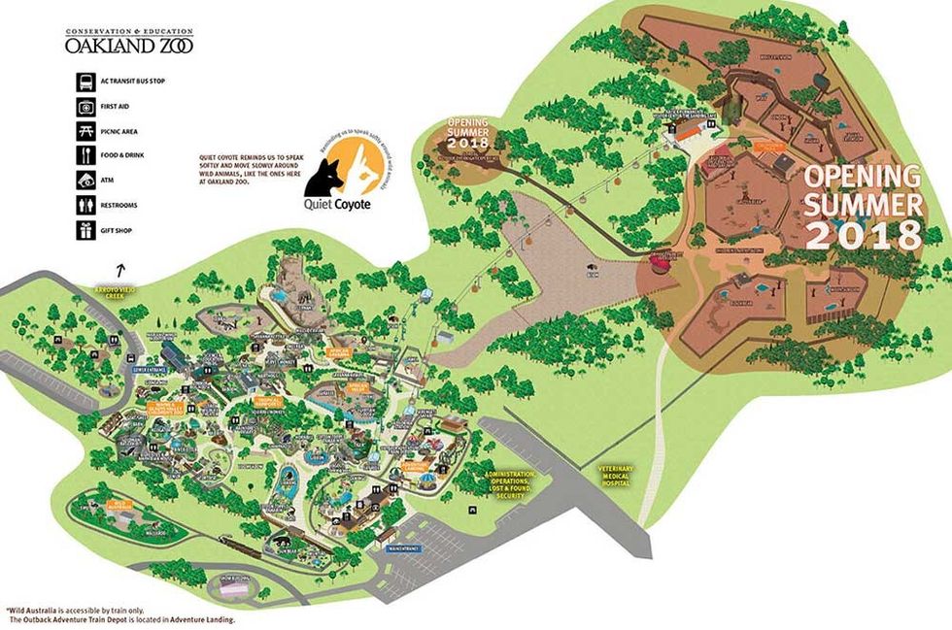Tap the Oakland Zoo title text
(115, 44)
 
